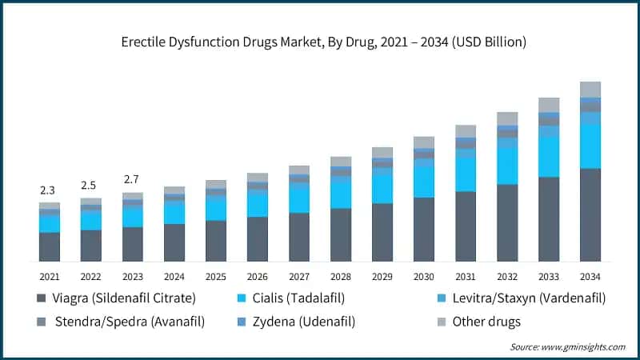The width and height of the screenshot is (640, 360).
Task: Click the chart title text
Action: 320,42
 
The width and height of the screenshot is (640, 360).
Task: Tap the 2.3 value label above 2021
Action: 49,190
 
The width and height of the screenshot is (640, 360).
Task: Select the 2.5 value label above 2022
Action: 90,186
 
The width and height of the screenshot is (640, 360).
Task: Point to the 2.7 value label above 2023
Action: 132,179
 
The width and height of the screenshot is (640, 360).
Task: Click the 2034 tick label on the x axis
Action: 590,276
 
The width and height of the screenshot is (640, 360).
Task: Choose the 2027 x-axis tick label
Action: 298,276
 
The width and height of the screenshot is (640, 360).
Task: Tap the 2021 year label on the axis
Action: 49,276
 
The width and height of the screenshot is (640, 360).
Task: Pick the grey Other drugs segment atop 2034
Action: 590,89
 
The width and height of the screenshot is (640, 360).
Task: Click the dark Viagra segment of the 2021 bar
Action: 49,246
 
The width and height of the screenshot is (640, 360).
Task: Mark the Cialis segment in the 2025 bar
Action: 215,208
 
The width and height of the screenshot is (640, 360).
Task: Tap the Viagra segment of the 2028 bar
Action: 340,234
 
